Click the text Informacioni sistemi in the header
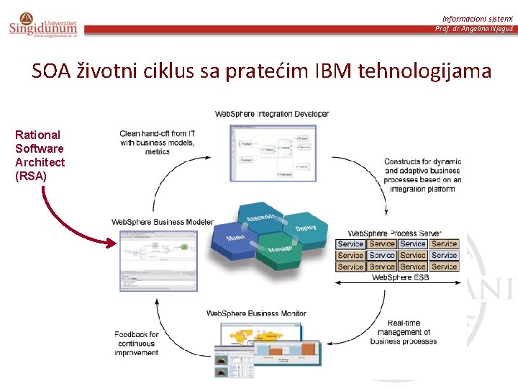477,18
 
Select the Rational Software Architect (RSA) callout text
40,155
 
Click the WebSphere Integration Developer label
272,114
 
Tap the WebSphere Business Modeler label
162,222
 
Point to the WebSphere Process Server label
394,233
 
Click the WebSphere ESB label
400,277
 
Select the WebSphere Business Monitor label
256,313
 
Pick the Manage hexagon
280,249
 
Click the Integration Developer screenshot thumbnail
272,153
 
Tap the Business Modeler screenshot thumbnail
158,260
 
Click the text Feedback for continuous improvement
136,344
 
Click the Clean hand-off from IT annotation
157,143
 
